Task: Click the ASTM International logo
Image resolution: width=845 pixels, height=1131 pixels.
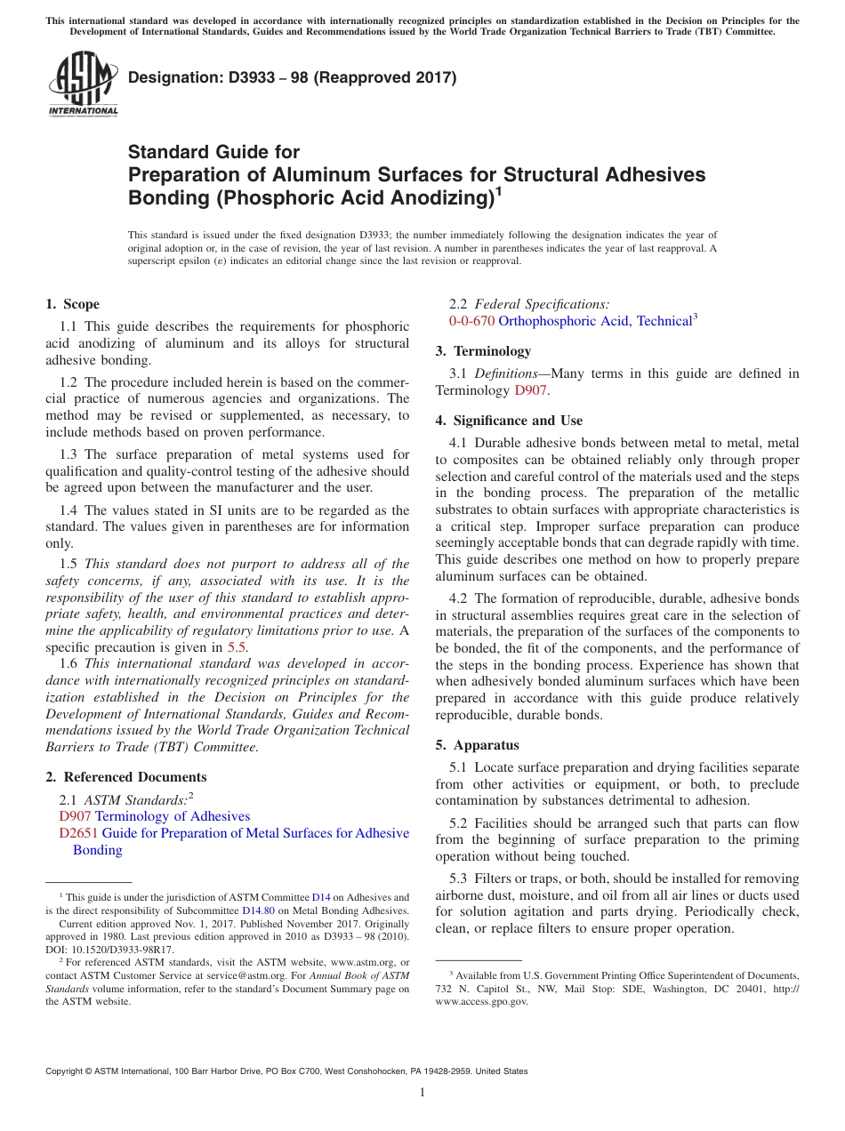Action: [83, 83]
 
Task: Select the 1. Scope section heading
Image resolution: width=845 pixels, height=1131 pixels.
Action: [73, 304]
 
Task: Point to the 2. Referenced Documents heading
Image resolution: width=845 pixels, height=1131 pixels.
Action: [126, 776]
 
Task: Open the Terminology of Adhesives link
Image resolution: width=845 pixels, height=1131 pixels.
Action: [173, 816]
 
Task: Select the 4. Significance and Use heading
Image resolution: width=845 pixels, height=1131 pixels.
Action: [509, 420]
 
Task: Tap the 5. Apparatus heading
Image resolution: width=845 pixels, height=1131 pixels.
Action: [478, 744]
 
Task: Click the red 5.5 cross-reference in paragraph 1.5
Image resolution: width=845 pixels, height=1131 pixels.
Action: [237, 647]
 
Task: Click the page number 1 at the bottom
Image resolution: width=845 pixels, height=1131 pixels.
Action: [422, 1093]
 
